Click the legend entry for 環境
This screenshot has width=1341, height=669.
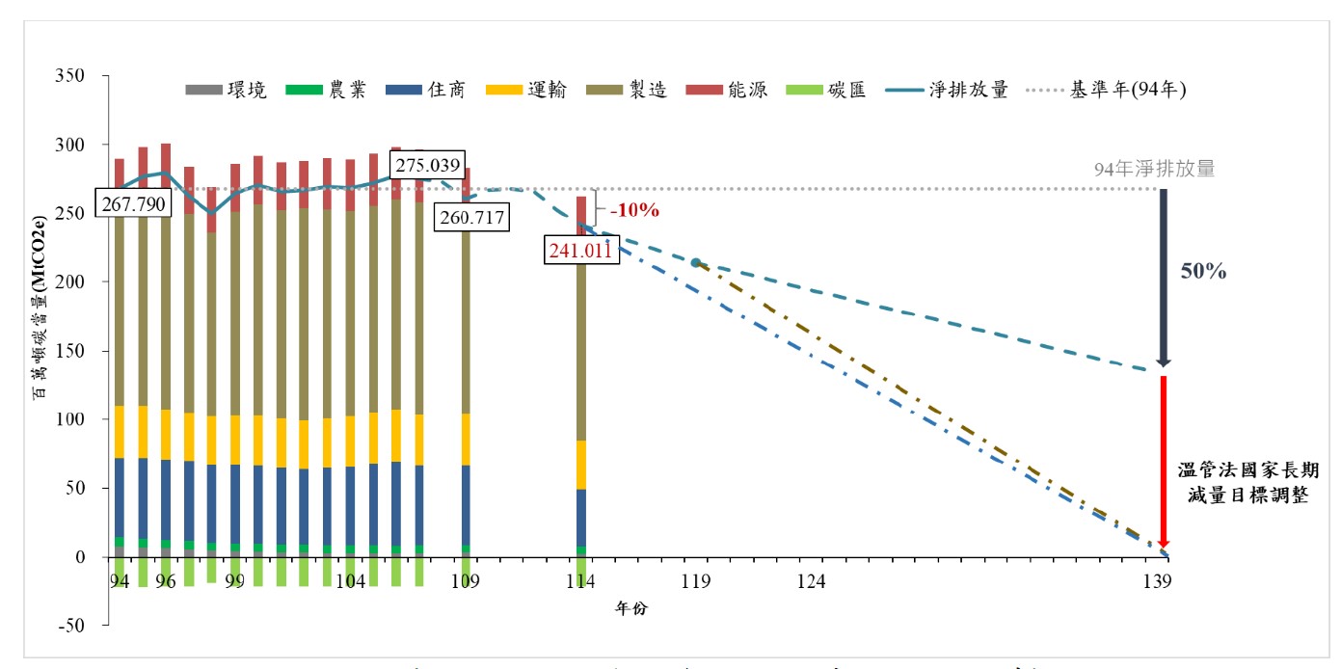pos(226,91)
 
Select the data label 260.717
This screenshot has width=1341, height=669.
pos(470,217)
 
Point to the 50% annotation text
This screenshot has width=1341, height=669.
pos(1203,273)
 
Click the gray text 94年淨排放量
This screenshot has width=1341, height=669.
pos(1154,169)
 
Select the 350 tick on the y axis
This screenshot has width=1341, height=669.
pos(71,76)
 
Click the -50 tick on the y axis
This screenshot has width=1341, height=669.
pos(71,626)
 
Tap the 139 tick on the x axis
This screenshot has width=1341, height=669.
pos(1157,581)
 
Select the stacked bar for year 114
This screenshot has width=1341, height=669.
pos(581,386)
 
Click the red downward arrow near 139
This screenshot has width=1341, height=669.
pos(1164,463)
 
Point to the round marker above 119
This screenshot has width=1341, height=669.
pos(695,262)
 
